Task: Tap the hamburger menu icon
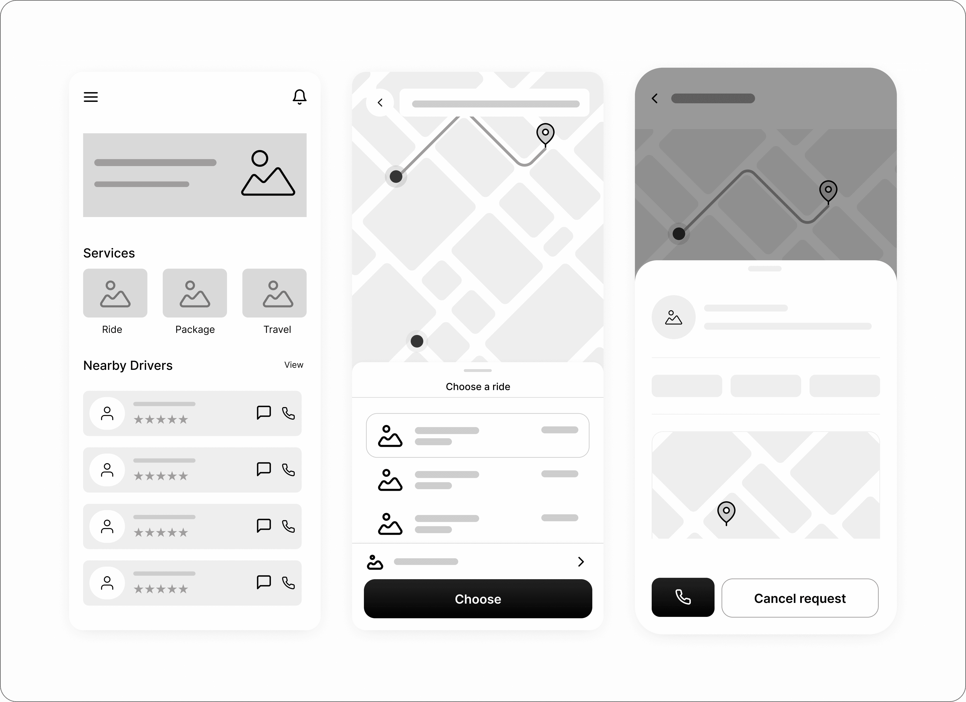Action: (91, 97)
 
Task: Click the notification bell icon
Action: (299, 97)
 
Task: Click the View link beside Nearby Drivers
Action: (294, 365)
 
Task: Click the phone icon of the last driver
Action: (288, 582)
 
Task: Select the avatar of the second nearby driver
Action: (107, 470)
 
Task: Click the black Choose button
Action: (478, 599)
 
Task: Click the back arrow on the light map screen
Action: (380, 103)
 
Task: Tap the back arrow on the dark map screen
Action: (655, 99)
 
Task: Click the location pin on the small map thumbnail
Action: (726, 513)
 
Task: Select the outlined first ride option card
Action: (478, 435)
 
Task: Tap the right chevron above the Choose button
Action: (581, 562)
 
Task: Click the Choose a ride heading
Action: (478, 387)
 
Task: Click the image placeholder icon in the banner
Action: (268, 173)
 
